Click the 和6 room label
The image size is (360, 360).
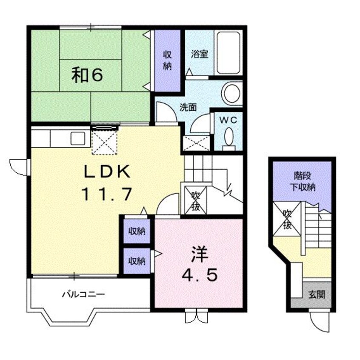87,75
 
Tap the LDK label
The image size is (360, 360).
107,172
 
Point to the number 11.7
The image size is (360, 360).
107,194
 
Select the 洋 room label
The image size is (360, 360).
199,254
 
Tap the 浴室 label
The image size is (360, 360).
200,54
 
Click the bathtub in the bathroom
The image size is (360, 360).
229,53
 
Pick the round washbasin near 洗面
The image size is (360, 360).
232,93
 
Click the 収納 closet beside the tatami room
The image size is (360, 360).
167,61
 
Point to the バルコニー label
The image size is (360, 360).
83,294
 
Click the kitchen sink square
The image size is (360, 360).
78,139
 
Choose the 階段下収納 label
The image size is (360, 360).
303,182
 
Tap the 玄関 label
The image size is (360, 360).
317,294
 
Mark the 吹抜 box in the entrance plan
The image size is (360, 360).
287,219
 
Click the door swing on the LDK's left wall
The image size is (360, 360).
18,167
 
